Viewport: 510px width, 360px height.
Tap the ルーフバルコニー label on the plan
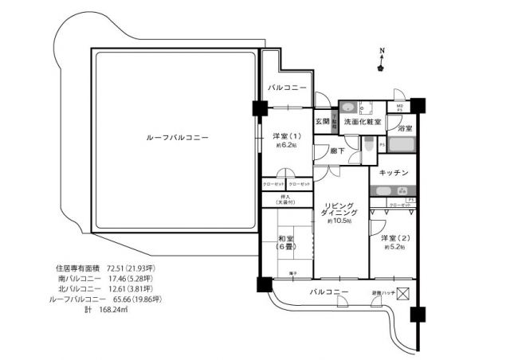[x=178, y=138]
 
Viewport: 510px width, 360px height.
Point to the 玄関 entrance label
[x=321, y=121]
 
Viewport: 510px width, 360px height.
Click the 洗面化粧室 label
[x=362, y=121]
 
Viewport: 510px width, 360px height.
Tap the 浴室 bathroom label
[x=404, y=128]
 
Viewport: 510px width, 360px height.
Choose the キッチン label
[x=394, y=173]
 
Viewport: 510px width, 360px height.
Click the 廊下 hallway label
[x=325, y=150]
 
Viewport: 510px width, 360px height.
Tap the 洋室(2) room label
[x=395, y=238]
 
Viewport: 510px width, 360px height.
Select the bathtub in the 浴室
[x=402, y=147]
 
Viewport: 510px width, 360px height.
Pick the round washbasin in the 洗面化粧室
[x=347, y=108]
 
